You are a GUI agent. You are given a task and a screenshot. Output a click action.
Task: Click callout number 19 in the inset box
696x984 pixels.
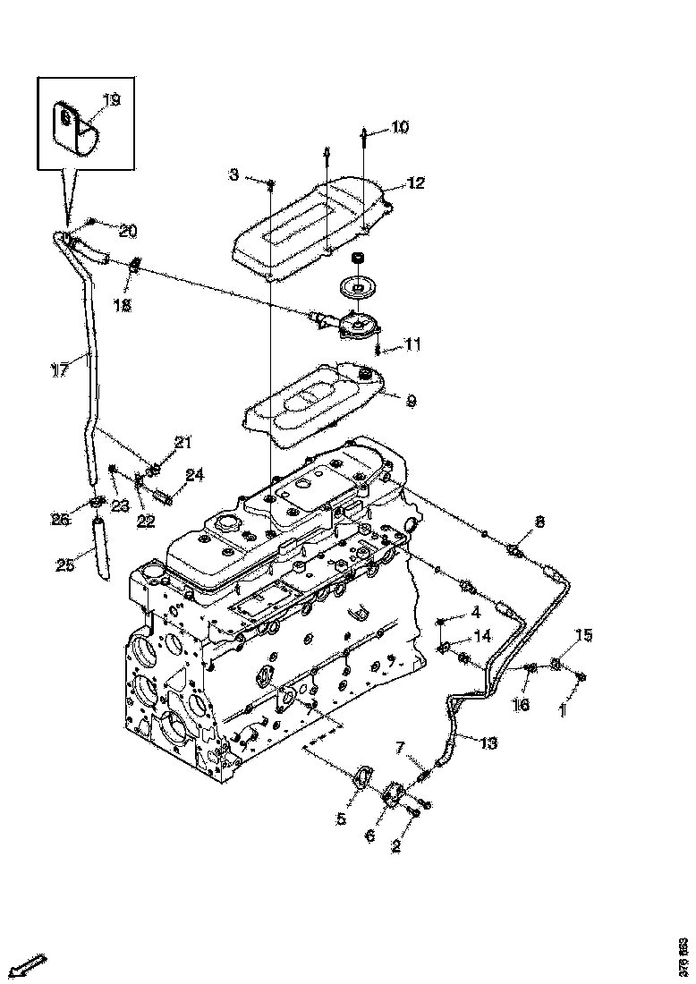tap(111, 100)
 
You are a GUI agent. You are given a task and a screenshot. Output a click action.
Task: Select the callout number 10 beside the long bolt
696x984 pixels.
tap(399, 128)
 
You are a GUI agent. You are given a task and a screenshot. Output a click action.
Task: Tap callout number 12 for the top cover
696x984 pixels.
tap(416, 183)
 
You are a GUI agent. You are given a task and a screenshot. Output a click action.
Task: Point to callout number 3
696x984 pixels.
tap(234, 174)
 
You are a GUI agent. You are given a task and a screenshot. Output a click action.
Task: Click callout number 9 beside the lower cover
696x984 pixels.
tap(411, 402)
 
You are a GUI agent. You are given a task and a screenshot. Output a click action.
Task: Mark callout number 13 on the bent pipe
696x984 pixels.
tap(488, 742)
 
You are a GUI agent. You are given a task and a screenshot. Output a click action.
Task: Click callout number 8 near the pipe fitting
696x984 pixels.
tap(539, 522)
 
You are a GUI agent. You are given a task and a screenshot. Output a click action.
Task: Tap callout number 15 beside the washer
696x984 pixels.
tap(583, 635)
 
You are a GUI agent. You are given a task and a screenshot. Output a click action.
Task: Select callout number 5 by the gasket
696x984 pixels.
tap(341, 819)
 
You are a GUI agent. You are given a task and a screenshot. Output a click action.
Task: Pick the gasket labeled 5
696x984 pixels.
tap(363, 776)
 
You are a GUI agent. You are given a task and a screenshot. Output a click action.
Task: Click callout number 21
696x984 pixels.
tap(182, 442)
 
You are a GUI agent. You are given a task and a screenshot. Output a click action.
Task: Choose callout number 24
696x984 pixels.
tap(195, 475)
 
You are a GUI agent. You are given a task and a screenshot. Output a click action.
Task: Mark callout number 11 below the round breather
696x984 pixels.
tap(412, 344)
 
